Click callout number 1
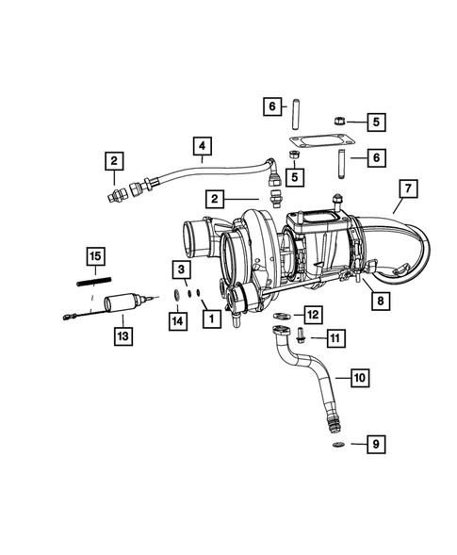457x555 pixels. tap(209, 320)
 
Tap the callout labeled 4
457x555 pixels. tap(201, 146)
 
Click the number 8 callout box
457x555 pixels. tap(380, 302)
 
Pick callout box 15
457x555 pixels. tap(94, 255)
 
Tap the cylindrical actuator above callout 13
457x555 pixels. tap(123, 302)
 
